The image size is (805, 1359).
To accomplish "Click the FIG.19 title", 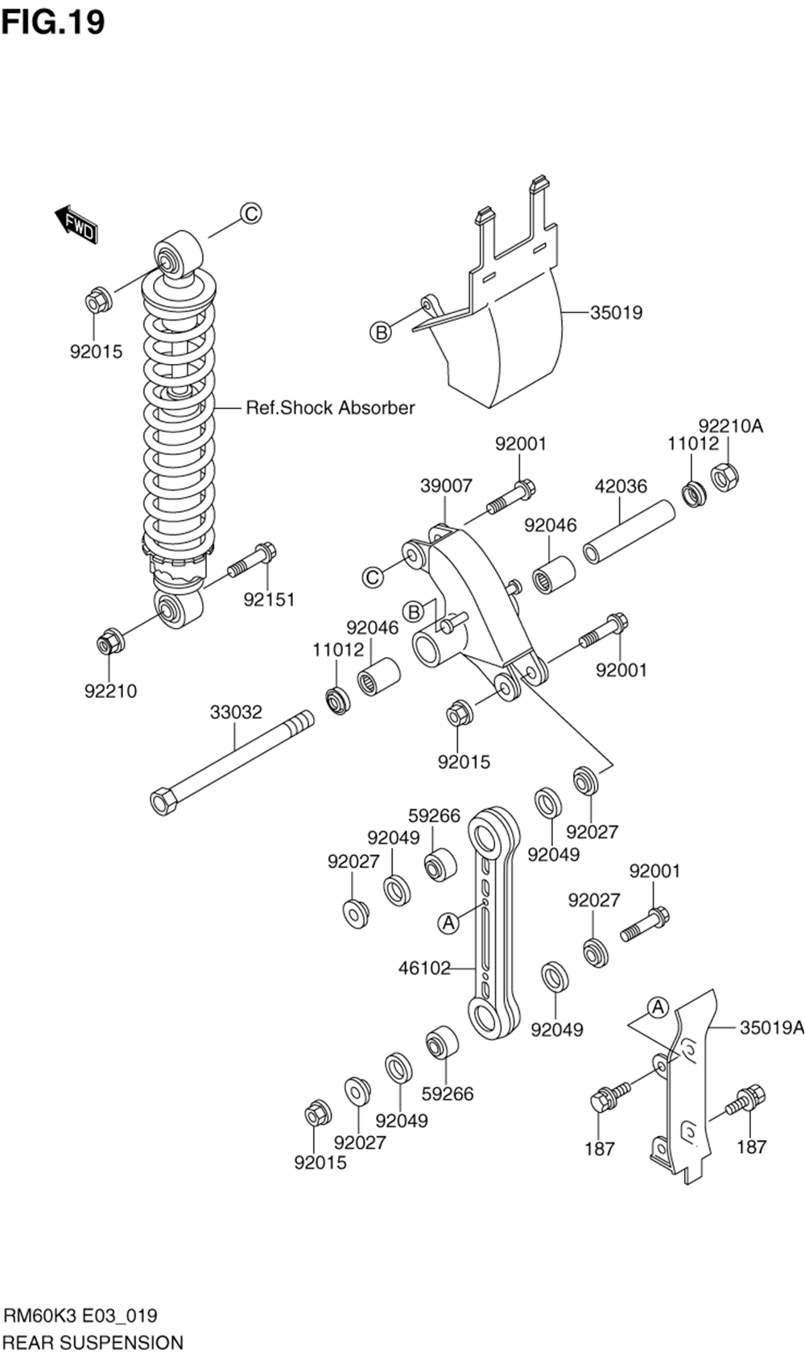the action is coord(53,23).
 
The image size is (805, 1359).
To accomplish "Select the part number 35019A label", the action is coord(772,1028).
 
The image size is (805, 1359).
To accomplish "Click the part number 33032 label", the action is coord(236,712).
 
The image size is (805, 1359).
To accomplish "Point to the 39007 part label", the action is coord(446,485).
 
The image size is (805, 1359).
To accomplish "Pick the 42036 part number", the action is coord(621,486).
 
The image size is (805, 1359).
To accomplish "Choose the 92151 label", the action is coord(269,600).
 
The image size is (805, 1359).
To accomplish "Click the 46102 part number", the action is coord(424,969).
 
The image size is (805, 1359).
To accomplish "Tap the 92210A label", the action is coord(730,426).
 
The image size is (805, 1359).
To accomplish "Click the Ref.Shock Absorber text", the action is coord(330,407).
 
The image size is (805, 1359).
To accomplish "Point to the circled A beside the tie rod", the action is coord(448,923).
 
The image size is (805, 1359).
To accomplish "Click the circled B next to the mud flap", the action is coord(380,332).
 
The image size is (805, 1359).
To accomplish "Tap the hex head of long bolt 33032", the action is coord(163,801).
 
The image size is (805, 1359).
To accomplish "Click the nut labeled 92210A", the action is coord(724,477).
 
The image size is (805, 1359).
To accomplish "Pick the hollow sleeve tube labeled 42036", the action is coord(629,532).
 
